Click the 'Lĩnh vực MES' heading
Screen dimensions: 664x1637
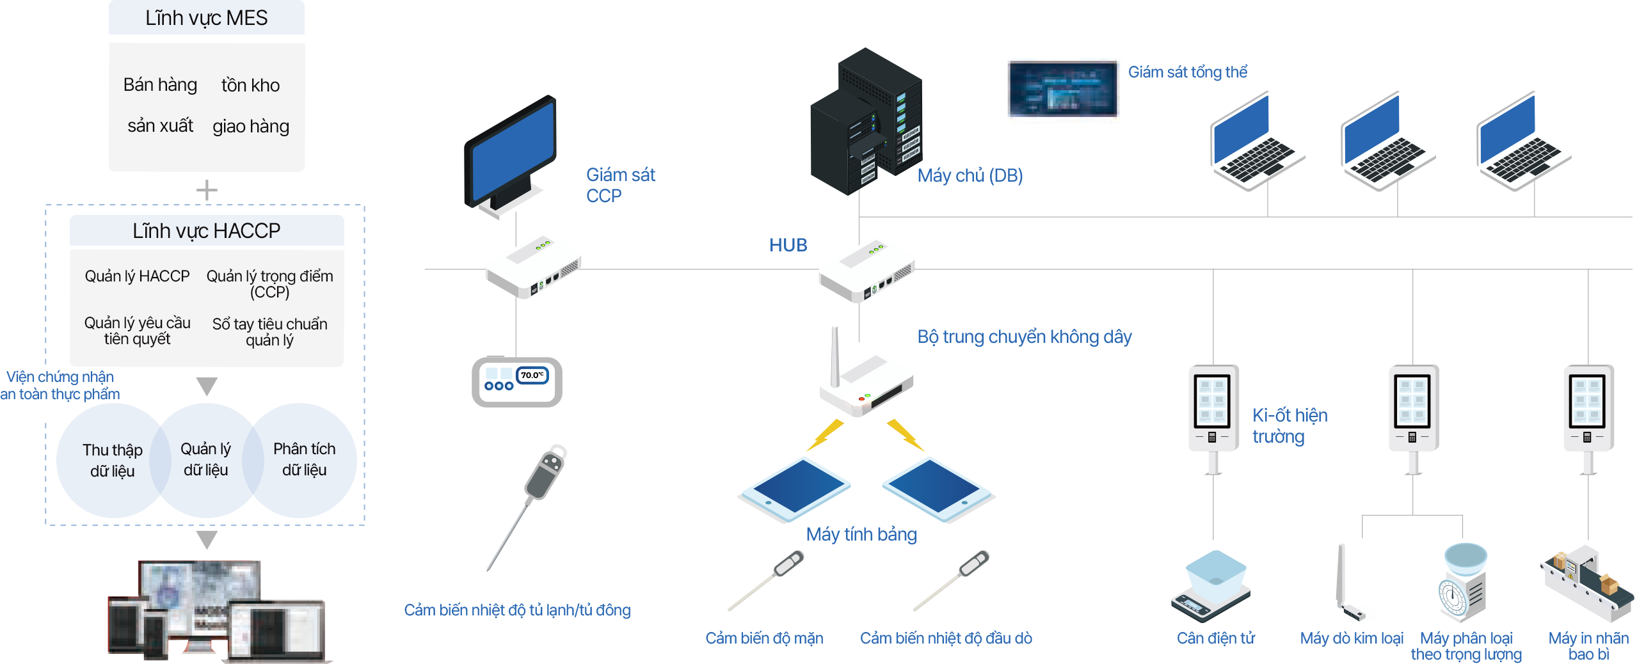(x=206, y=18)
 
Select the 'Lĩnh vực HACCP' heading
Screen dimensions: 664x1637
(x=206, y=231)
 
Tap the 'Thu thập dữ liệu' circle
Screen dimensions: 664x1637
(x=112, y=460)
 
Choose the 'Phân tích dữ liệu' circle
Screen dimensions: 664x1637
(x=305, y=459)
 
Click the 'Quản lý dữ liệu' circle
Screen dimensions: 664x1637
(x=206, y=459)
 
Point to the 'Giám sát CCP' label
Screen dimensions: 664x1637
(x=620, y=185)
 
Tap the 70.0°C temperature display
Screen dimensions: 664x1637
(x=532, y=375)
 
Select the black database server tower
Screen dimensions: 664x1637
(x=864, y=122)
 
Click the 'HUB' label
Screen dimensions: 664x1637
(x=788, y=245)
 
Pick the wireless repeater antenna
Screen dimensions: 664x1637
(x=834, y=355)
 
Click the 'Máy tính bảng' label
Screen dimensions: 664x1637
(x=861, y=534)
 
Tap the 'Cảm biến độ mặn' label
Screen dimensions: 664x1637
(x=764, y=638)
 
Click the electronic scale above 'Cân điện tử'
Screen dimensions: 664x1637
(x=1211, y=585)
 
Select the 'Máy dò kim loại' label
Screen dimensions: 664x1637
(x=1352, y=638)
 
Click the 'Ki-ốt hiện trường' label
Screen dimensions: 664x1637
(x=1290, y=425)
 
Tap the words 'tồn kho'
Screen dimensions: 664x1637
(x=250, y=85)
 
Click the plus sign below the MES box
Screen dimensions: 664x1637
(x=207, y=191)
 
